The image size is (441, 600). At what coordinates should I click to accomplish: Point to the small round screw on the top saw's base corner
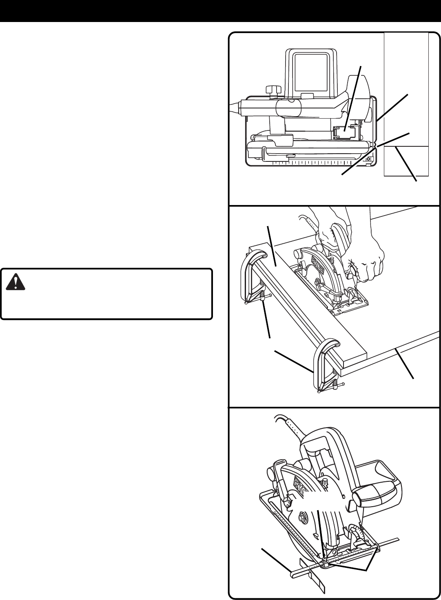click(368, 159)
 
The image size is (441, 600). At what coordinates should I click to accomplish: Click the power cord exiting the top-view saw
click(235, 106)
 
